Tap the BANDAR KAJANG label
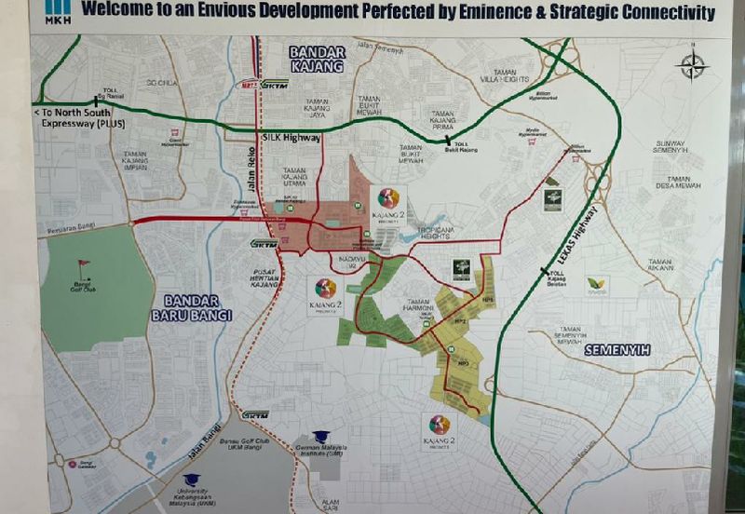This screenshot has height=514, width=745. pos(317,58)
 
